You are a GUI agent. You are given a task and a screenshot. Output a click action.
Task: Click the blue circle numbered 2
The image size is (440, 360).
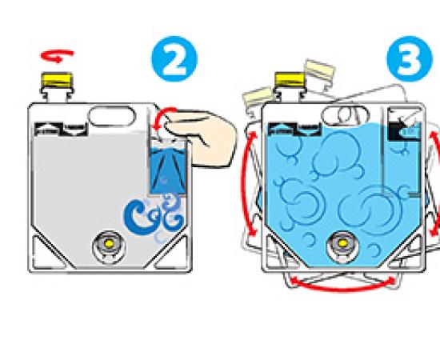174,58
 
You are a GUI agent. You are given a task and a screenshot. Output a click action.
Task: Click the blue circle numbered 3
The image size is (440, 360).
410,58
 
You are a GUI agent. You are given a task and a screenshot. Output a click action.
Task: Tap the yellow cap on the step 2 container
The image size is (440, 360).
57,79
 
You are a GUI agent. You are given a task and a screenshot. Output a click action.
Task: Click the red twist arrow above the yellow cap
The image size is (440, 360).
57,56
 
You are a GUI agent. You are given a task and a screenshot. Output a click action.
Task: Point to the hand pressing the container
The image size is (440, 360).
201,138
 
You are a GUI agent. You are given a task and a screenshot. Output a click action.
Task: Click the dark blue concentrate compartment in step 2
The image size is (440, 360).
168,172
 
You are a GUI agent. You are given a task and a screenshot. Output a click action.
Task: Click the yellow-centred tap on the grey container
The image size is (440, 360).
109,245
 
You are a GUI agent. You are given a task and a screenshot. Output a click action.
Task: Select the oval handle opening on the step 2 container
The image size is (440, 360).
112,116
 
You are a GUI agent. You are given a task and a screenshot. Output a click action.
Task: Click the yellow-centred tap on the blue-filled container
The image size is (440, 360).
342,245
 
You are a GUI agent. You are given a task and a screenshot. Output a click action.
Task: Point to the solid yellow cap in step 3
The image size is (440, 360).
290,80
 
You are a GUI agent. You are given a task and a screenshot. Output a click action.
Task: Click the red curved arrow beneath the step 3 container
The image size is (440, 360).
343,285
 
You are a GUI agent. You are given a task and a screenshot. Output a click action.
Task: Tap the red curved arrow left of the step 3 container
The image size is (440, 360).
246,184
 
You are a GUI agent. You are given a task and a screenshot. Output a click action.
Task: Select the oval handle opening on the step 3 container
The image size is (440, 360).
346,116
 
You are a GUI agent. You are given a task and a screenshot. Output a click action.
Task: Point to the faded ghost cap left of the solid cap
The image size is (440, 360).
258,96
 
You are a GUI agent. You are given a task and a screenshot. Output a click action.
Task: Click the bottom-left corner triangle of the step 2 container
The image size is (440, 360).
47,254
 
